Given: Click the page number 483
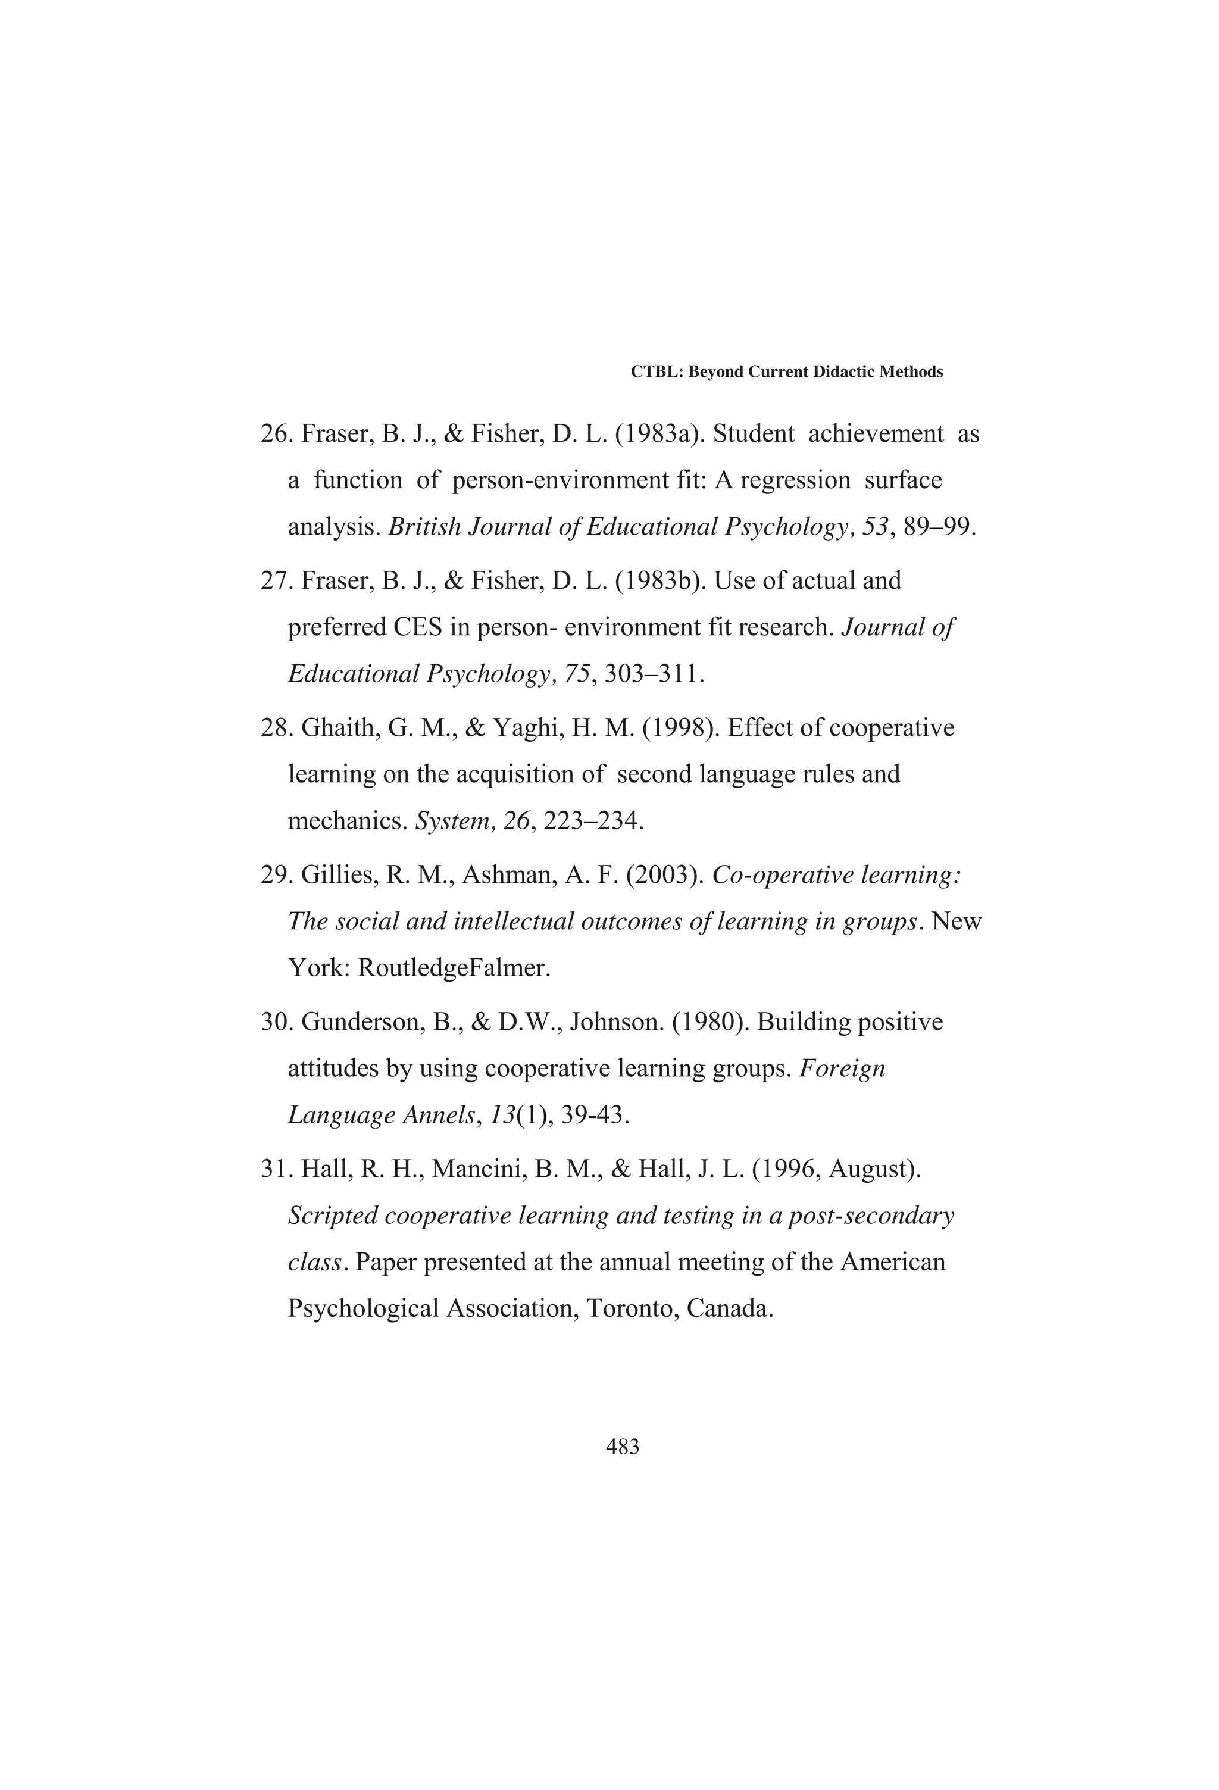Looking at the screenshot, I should [x=622, y=1447].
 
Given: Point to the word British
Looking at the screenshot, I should [x=424, y=527].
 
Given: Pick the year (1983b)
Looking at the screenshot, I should [x=661, y=581].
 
